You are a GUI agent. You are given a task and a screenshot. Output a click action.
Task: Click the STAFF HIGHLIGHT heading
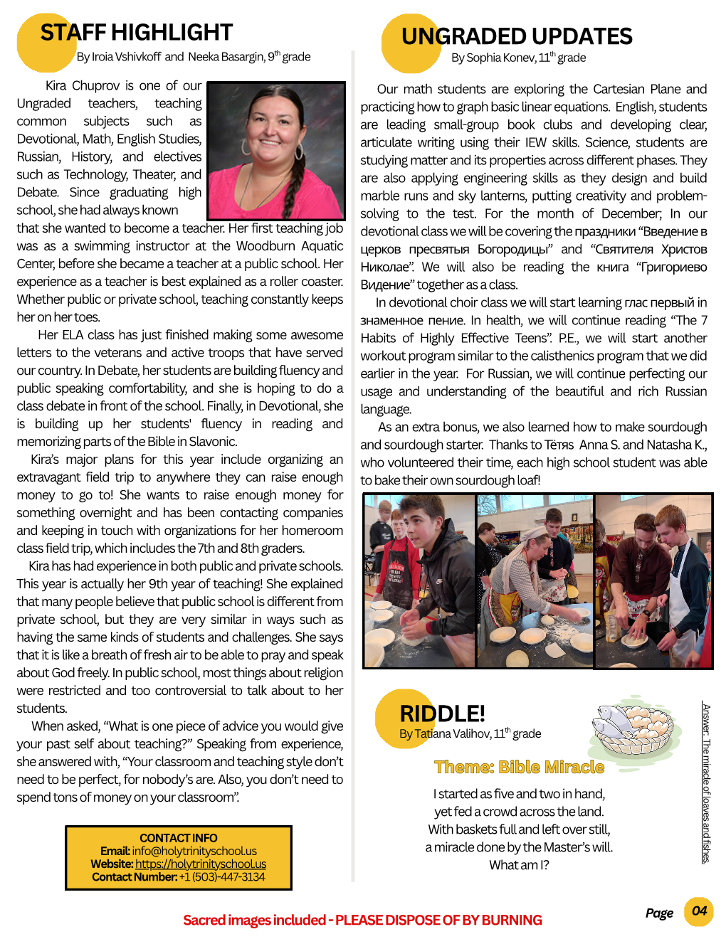[136, 33]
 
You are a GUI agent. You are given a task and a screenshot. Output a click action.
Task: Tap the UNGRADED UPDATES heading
[516, 36]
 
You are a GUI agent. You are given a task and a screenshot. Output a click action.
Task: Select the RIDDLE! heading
[442, 713]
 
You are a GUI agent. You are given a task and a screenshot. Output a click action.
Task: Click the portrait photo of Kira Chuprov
[276, 151]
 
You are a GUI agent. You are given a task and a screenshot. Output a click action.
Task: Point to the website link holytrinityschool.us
[201, 864]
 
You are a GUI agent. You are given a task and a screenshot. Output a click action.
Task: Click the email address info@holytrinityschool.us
[194, 851]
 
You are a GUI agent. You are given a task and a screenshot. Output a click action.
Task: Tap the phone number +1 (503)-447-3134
[221, 877]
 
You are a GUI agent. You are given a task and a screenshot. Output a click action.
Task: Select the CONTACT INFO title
[179, 838]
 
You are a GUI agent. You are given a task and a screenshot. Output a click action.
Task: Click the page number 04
[699, 911]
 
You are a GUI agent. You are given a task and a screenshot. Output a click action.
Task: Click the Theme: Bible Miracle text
[519, 767]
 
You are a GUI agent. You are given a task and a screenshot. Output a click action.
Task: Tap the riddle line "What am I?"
[519, 865]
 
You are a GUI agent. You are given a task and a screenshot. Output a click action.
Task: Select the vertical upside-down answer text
[705, 782]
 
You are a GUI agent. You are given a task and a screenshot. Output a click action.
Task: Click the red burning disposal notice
[362, 920]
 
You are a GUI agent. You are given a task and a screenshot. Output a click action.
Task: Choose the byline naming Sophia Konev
[518, 58]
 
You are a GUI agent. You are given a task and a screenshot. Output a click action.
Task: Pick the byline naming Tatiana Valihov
[470, 733]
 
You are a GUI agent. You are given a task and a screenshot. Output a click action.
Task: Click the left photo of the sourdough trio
[419, 581]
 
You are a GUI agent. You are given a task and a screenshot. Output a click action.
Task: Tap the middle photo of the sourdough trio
[535, 581]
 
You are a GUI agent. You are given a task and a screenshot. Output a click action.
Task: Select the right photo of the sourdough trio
[653, 581]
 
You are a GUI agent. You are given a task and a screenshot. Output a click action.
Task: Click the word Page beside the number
[659, 913]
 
